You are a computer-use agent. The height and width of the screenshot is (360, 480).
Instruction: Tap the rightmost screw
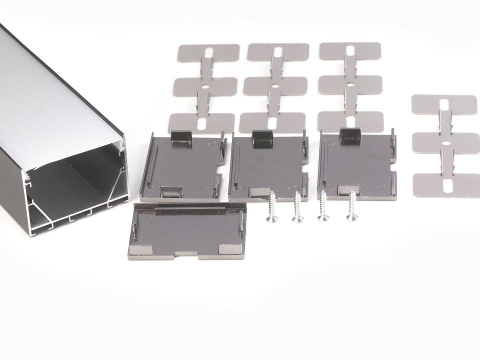(x=352, y=205)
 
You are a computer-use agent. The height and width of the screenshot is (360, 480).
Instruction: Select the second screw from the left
(x=297, y=207)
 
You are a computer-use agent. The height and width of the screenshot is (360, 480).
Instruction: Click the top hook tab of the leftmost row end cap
(x=179, y=137)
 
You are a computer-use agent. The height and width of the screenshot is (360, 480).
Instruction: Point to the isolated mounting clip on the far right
(x=445, y=145)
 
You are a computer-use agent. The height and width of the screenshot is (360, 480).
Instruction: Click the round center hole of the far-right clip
(x=444, y=145)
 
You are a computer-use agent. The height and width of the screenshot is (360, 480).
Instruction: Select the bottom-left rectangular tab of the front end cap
(x=138, y=248)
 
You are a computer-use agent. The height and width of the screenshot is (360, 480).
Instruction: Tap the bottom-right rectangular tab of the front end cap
(x=228, y=248)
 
